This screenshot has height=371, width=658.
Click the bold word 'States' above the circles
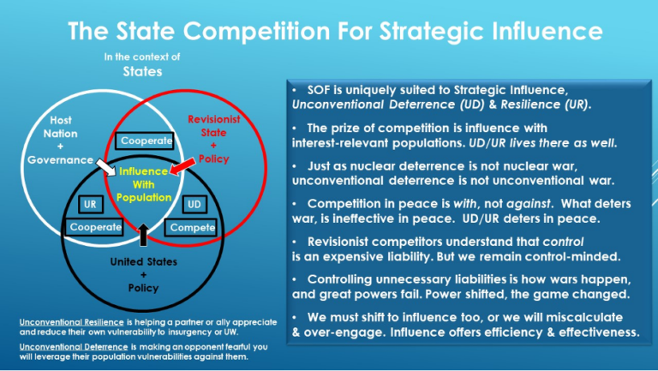click(141, 72)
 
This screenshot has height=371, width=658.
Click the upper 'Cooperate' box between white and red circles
click(146, 140)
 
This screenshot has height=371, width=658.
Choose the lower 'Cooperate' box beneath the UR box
click(95, 228)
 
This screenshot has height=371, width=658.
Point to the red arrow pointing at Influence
click(181, 165)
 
